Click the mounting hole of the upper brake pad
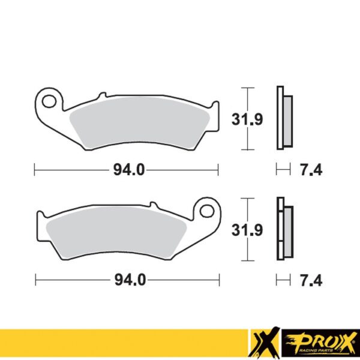(50, 98)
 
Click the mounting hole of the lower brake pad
(208, 210)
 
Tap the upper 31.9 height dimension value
(247, 119)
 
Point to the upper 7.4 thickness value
(310, 170)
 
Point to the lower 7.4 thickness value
(310, 280)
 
